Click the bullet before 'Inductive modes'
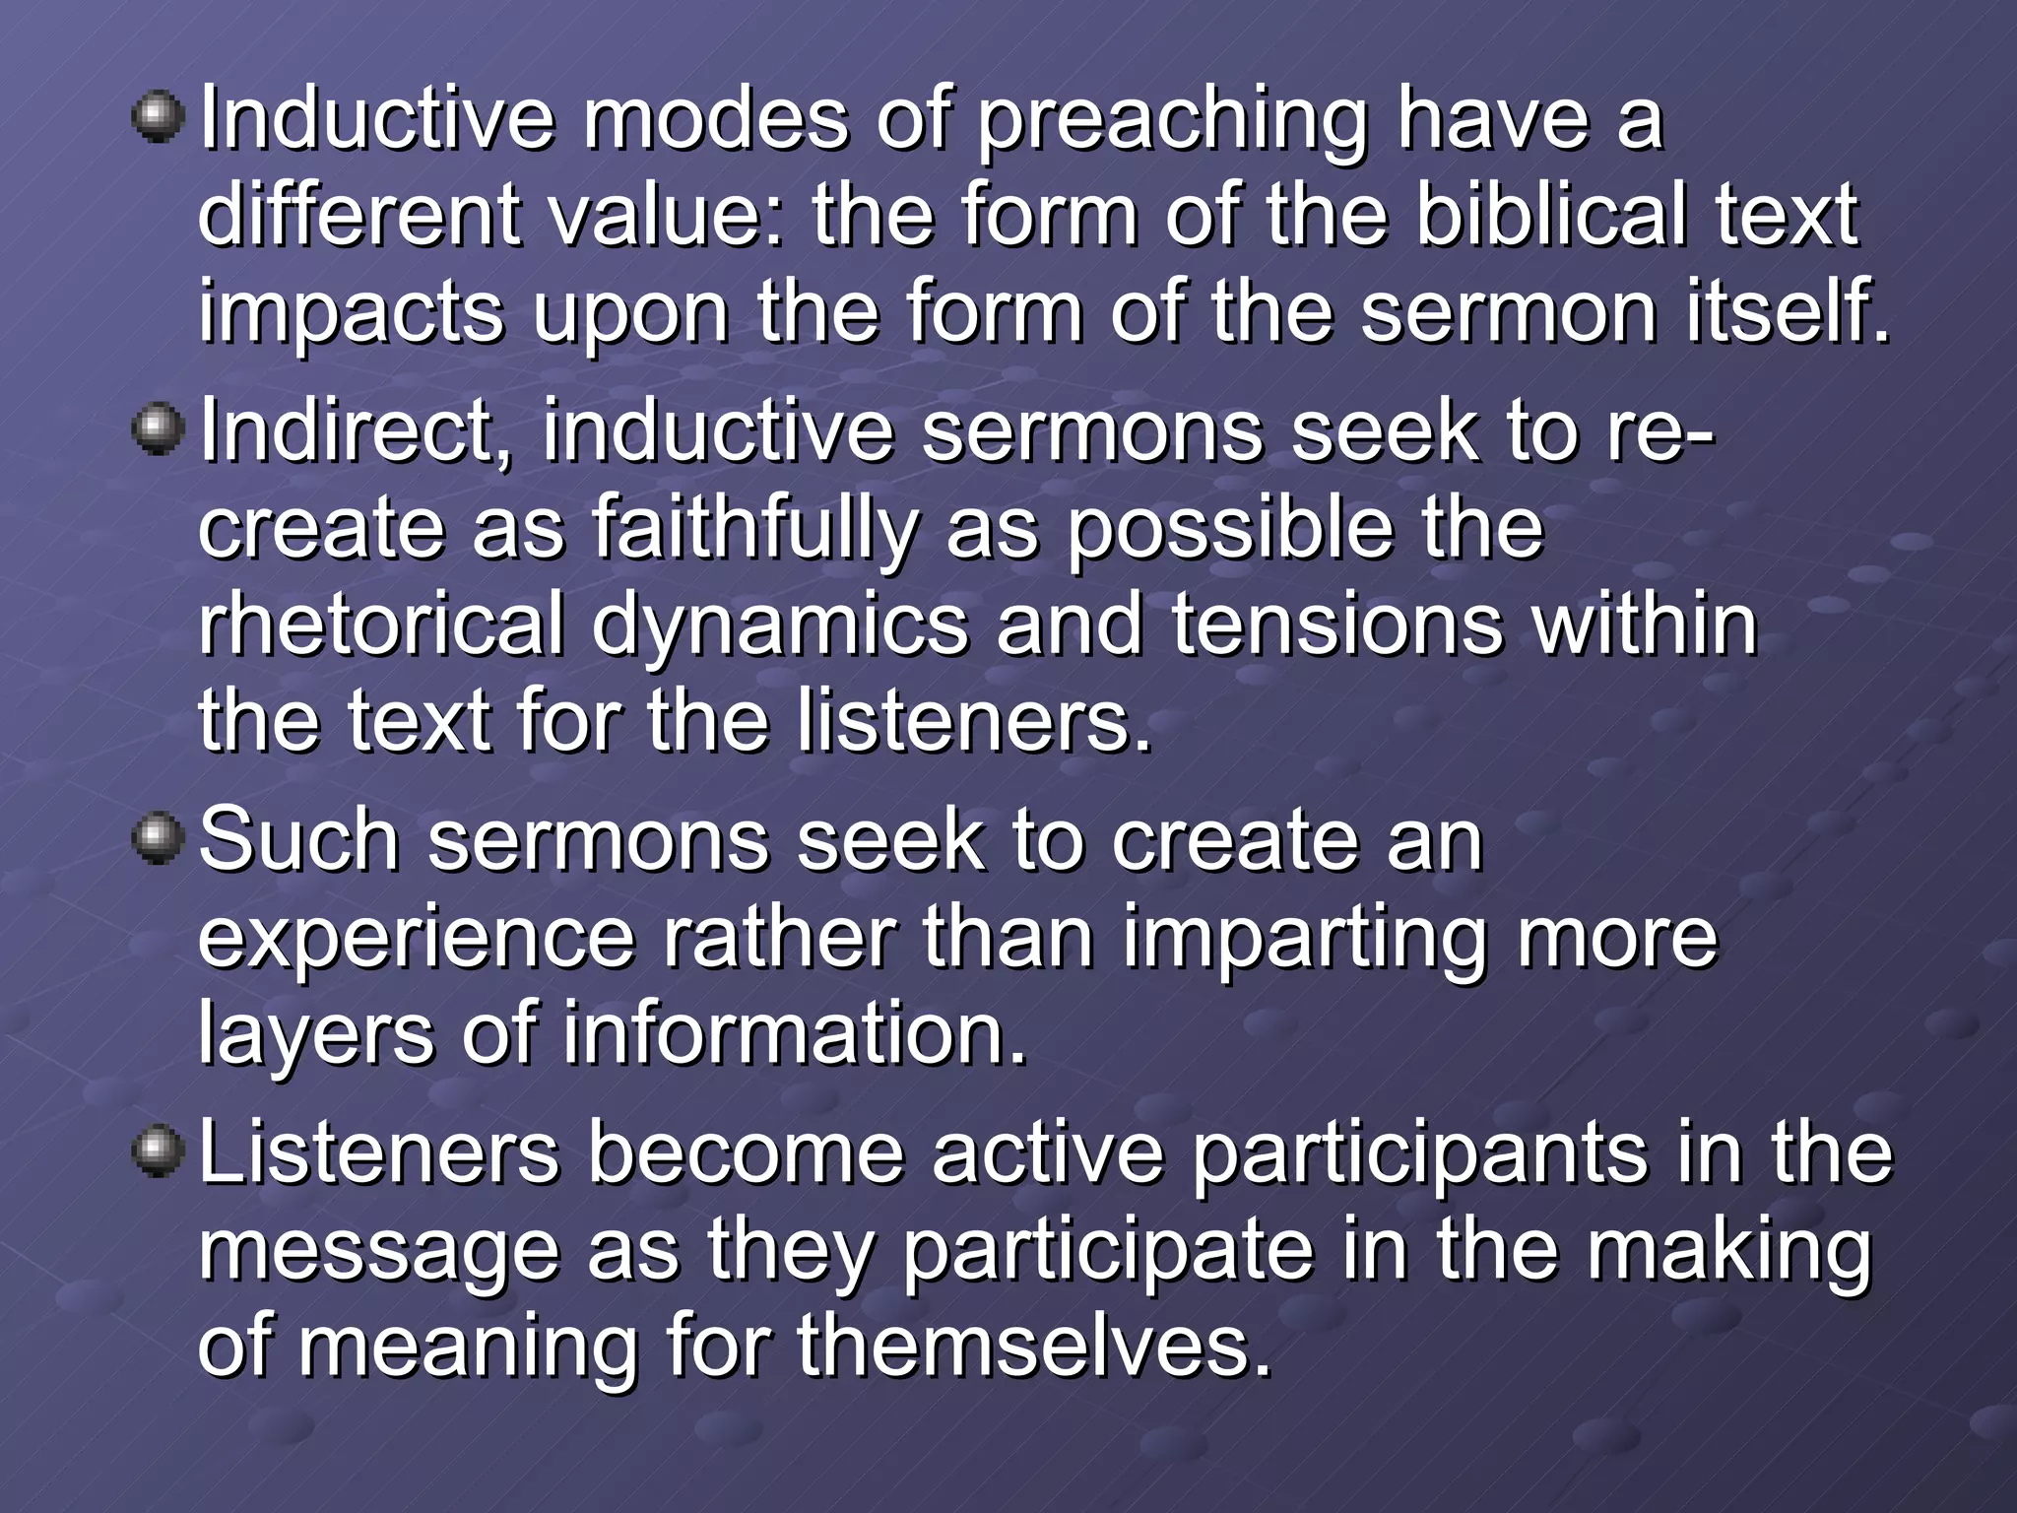(x=158, y=118)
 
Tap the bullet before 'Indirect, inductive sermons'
(x=158, y=430)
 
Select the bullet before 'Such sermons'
(x=158, y=839)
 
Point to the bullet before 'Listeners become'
(x=158, y=1151)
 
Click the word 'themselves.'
(x=1035, y=1346)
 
